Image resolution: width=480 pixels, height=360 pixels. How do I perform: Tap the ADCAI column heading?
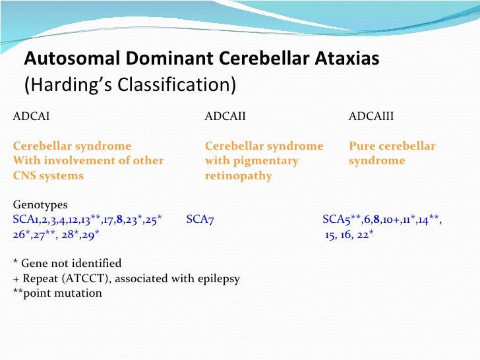[x=31, y=117]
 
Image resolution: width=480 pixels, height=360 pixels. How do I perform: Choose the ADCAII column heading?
[x=225, y=117]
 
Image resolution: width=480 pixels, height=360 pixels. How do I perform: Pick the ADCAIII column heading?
[x=371, y=117]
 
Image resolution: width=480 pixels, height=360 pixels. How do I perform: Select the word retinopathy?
[x=238, y=176]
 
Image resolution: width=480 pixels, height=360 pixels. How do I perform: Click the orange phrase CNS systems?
[x=48, y=176]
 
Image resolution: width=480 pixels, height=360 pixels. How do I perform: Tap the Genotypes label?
[x=40, y=205]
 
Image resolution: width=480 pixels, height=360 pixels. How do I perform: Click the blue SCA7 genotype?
[x=200, y=220]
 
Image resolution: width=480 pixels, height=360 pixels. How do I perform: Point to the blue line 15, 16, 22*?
[x=349, y=235]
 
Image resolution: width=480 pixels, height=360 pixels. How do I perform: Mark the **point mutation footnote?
[x=57, y=293]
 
